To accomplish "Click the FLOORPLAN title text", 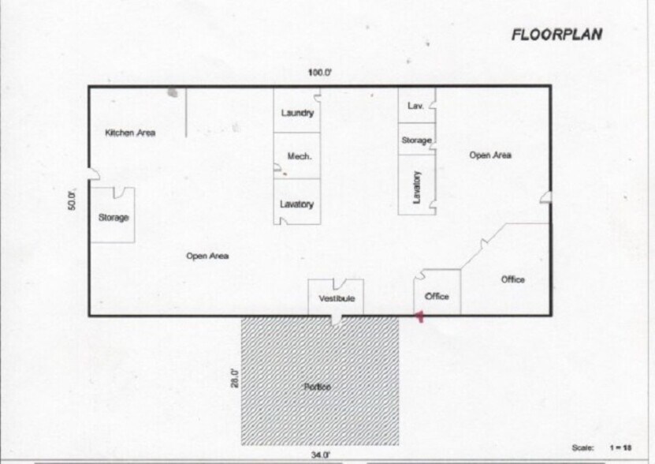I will (x=556, y=34).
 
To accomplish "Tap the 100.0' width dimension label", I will (x=319, y=73).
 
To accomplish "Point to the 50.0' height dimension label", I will (x=72, y=199).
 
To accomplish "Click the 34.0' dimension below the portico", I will (x=320, y=455).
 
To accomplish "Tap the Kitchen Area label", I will (x=130, y=133).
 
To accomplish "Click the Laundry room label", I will (x=297, y=113).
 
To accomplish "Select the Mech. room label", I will (x=300, y=156).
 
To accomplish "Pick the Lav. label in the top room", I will (x=416, y=105).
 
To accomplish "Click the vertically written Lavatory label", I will (x=417, y=187).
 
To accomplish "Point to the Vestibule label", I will (x=337, y=299).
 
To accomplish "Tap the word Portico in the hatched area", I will (x=317, y=387).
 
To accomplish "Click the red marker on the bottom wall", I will (x=420, y=317).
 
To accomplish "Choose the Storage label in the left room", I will (x=114, y=218).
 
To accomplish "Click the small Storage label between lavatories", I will (x=416, y=140).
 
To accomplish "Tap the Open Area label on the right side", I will (x=490, y=155).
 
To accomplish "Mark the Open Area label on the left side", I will (x=207, y=256).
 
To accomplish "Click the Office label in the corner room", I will (x=513, y=279).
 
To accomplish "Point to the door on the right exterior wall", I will (x=545, y=196).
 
